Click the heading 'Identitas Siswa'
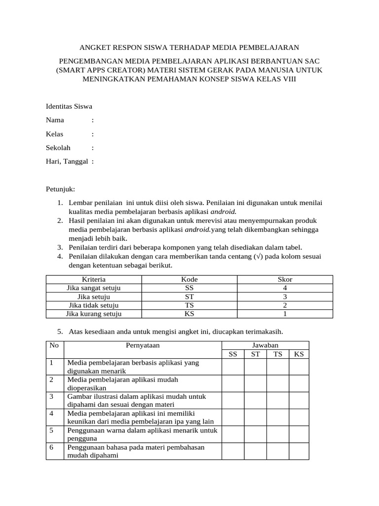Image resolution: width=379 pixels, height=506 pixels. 69,106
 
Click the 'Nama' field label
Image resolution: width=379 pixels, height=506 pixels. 55,120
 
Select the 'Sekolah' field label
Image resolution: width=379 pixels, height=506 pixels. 58,147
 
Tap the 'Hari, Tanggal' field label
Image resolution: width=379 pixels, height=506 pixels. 67,161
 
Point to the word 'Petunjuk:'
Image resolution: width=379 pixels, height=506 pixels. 60,189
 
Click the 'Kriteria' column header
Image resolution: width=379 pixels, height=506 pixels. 94,280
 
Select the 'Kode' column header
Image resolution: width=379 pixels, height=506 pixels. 189,280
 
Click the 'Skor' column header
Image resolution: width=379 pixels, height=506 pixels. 285,280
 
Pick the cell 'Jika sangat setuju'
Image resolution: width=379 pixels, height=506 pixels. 94,288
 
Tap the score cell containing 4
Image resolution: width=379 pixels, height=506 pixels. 285,288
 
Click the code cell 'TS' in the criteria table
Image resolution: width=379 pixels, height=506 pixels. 189,305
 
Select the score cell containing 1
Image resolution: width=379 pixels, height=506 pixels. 285,314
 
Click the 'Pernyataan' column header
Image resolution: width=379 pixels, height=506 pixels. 143,345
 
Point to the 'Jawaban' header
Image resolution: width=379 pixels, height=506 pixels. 265,345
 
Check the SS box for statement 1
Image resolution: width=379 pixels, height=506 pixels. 233,367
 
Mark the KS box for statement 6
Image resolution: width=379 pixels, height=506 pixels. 299,451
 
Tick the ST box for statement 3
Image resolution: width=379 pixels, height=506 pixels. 255,401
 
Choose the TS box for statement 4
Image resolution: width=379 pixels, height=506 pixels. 278,418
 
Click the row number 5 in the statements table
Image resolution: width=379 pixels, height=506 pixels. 51,430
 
